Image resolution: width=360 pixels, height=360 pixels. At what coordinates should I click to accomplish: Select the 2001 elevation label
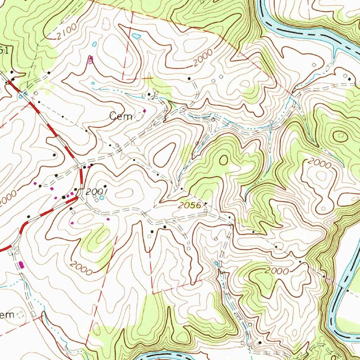click(96, 191)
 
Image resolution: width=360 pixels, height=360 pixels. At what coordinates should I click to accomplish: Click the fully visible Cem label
click(120, 116)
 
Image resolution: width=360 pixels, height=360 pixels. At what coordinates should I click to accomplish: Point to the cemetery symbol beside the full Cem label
click(140, 116)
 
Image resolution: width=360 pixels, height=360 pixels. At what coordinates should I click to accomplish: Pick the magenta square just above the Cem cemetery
click(144, 111)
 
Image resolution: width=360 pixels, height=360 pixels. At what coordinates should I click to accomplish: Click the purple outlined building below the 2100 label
click(91, 60)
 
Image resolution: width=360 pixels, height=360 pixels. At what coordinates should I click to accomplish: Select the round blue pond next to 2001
click(102, 198)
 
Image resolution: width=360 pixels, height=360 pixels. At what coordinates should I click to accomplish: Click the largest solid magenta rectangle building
click(21, 264)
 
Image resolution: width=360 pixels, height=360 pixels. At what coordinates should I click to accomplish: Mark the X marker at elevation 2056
click(206, 203)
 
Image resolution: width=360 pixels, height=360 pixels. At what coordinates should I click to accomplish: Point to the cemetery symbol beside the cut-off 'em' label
click(21, 315)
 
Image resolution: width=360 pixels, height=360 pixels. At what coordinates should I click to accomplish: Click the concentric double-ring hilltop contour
click(340, 135)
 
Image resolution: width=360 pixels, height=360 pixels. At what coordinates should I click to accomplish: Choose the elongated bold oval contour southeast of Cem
click(163, 155)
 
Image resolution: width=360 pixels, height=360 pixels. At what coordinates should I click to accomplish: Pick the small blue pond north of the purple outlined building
click(94, 44)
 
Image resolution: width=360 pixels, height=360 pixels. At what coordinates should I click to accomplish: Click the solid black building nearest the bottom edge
click(259, 342)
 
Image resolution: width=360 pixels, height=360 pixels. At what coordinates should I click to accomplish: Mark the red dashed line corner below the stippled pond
click(123, 79)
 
